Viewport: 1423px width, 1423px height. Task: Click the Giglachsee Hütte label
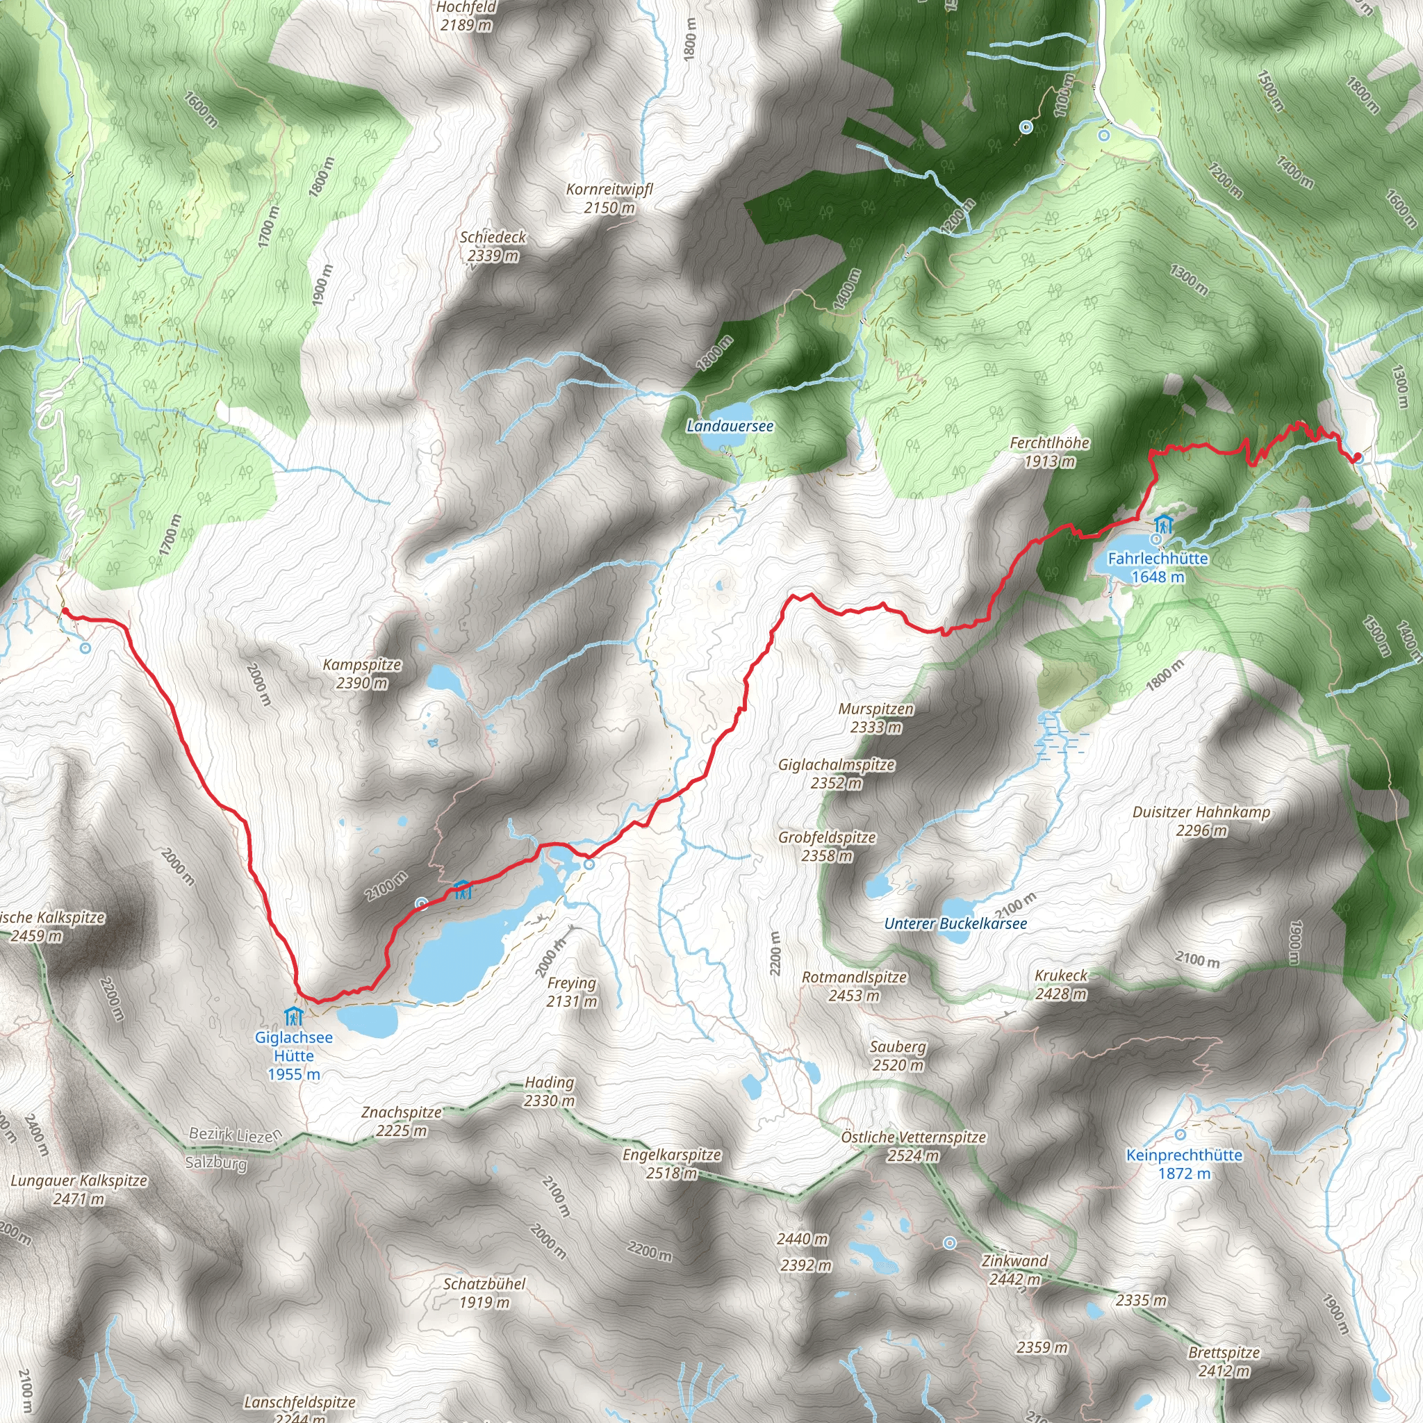[293, 1055]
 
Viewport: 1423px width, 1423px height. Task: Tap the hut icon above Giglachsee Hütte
[294, 1017]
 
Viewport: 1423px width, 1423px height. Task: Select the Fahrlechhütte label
[1158, 567]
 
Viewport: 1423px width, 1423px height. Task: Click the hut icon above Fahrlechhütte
[1163, 525]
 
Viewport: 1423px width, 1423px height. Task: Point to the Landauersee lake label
[730, 426]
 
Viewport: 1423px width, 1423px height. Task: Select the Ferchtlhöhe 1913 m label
[1050, 452]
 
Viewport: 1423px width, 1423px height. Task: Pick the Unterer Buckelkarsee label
[955, 923]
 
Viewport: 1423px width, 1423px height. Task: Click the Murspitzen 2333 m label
[875, 717]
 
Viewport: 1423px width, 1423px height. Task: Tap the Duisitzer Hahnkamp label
[1201, 821]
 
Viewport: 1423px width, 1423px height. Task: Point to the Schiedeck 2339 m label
[493, 246]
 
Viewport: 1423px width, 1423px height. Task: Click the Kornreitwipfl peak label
[609, 198]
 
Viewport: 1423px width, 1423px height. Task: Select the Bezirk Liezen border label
[235, 1134]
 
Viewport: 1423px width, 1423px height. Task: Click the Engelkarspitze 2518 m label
[672, 1163]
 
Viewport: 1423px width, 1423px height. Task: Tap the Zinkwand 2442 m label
[1014, 1269]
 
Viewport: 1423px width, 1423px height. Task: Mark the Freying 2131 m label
[572, 992]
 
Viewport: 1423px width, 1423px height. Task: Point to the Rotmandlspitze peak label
[855, 985]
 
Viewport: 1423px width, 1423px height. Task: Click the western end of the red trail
[64, 611]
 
